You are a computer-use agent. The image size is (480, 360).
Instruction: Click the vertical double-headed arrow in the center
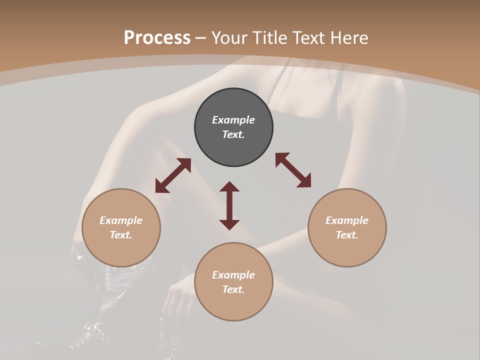(229, 205)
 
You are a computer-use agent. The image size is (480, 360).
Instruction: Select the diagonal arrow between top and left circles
(173, 175)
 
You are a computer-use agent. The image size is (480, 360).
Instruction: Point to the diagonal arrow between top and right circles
(293, 170)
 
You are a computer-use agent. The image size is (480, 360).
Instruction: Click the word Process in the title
(157, 37)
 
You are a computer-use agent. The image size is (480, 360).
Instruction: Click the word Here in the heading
(349, 37)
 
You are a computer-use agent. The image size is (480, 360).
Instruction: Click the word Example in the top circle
(233, 120)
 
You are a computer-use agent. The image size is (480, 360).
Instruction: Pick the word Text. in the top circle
(233, 134)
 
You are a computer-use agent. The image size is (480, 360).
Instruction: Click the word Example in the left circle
(121, 220)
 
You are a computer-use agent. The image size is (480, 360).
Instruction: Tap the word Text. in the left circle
(121, 235)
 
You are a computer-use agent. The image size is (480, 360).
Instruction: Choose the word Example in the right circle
(347, 220)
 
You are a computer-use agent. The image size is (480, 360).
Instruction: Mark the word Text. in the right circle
(347, 235)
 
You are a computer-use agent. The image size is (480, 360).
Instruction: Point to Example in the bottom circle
(233, 275)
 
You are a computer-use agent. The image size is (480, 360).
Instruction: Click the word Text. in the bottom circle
(233, 289)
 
